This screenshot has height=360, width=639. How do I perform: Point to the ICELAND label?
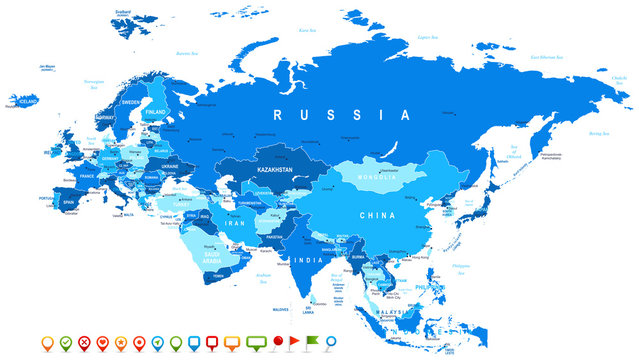pos(27,100)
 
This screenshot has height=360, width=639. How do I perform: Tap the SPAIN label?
pos(68,202)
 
